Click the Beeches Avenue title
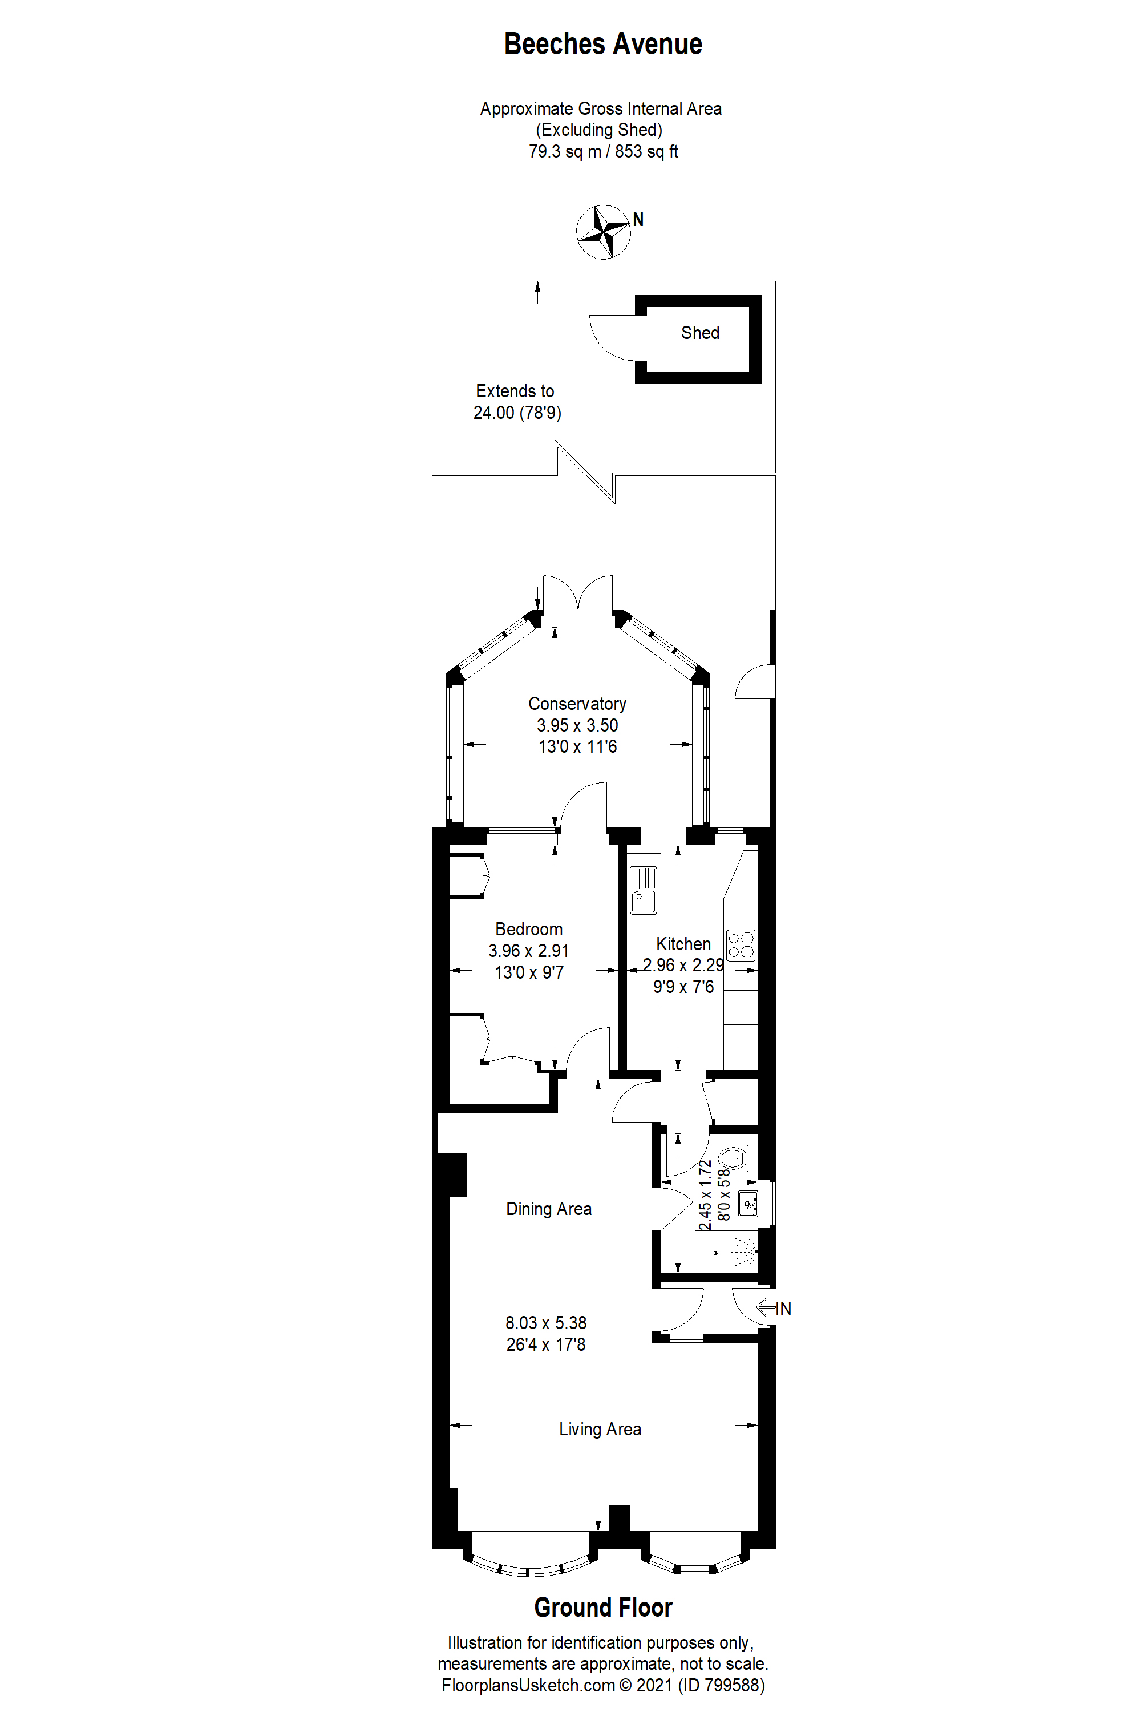coord(602,45)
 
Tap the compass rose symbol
coord(602,232)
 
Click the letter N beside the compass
coord(638,219)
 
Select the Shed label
coord(700,333)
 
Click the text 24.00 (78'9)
coord(517,413)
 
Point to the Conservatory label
coord(577,704)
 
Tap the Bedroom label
coord(528,930)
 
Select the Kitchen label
coord(683,944)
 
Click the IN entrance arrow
coord(774,1308)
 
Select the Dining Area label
coord(549,1209)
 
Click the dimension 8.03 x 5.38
coord(546,1323)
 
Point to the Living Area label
coord(600,1429)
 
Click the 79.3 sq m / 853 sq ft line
coord(602,151)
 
